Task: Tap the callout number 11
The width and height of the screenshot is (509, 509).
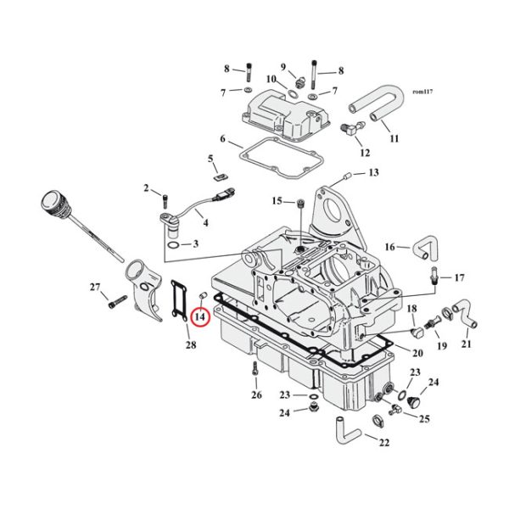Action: coord(394,137)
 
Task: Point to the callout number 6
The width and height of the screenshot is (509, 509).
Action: coord(222,139)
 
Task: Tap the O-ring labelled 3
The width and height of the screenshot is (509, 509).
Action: coord(173,244)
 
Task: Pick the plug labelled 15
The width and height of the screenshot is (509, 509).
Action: coord(300,202)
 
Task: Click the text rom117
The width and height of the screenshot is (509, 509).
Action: coord(422,91)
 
